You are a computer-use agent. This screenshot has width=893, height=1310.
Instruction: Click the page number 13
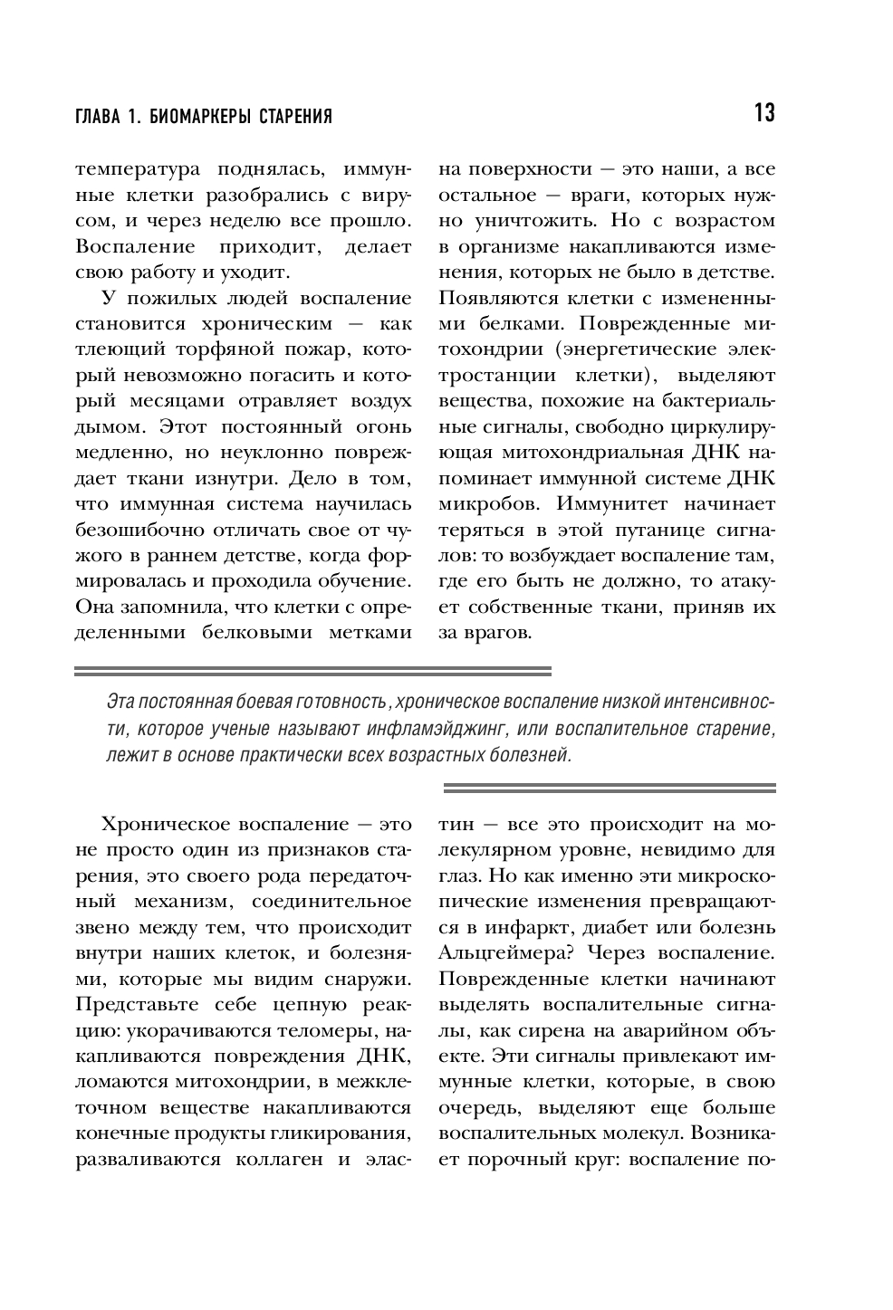[x=763, y=113]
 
